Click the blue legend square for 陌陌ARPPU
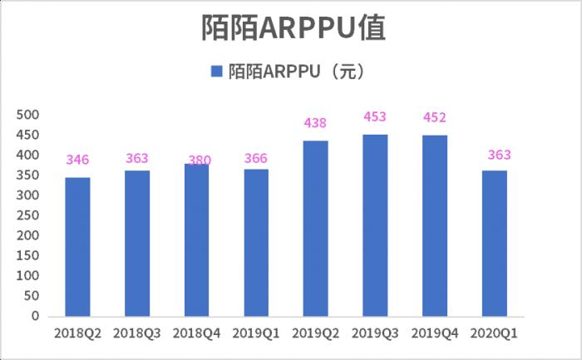[x=216, y=72]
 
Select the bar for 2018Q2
[x=78, y=247]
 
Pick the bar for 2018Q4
[x=196, y=240]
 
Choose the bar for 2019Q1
[x=256, y=243]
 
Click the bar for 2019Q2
[x=316, y=229]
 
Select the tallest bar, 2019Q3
[x=375, y=225]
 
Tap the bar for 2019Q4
[x=435, y=225]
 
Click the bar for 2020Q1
[x=494, y=244]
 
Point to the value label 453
[x=375, y=117]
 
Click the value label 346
[x=78, y=160]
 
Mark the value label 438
[x=316, y=123]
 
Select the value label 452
[x=435, y=117]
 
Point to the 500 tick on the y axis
[x=28, y=115]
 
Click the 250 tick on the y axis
[x=28, y=215]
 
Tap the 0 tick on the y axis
[x=35, y=316]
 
